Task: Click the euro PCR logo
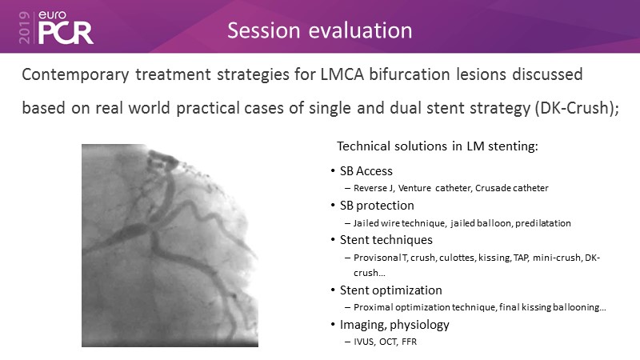coord(66,27)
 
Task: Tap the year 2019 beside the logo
coord(25,27)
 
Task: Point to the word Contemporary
coord(75,75)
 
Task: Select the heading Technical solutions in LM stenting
coord(438,146)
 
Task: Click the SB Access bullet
coord(366,171)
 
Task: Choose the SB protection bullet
coord(377,206)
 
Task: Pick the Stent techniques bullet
coord(386,240)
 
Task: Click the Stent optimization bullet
coord(391,290)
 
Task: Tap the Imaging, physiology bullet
coord(394,325)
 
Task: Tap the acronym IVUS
coord(364,342)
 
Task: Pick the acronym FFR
coord(409,342)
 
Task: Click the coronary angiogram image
coord(170,246)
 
